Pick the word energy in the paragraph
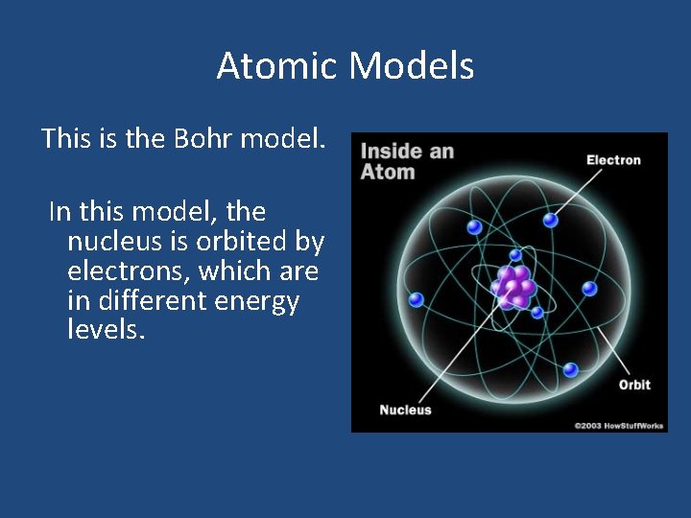tap(256, 301)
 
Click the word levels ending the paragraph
tap(106, 331)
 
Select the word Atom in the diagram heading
tap(388, 173)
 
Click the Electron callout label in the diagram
tap(613, 160)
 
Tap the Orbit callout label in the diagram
tap(633, 385)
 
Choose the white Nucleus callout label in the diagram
tap(405, 411)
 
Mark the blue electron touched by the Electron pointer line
tap(550, 220)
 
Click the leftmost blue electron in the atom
tap(416, 299)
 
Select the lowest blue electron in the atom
tap(570, 369)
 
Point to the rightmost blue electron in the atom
tap(589, 288)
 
